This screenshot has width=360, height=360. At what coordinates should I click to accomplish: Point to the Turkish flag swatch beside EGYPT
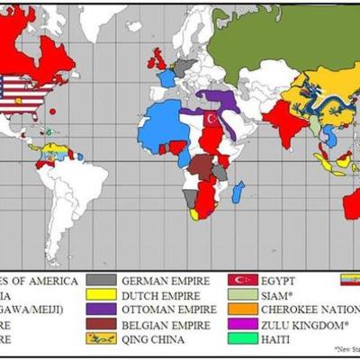tap(241, 280)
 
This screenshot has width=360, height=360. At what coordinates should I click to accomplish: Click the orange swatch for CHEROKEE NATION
tap(241, 310)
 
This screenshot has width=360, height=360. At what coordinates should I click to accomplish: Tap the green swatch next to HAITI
tap(241, 339)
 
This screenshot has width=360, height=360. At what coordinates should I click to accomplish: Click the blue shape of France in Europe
tap(167, 79)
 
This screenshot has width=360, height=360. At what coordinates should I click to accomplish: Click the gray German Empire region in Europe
tap(184, 67)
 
